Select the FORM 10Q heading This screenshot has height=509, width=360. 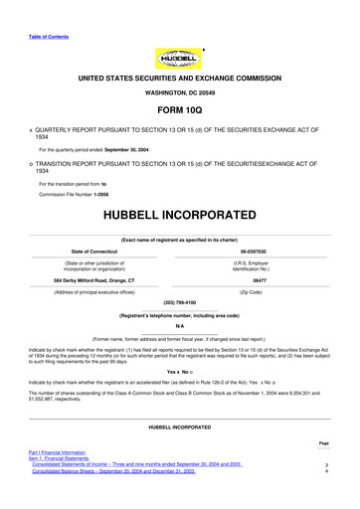(179, 111)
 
